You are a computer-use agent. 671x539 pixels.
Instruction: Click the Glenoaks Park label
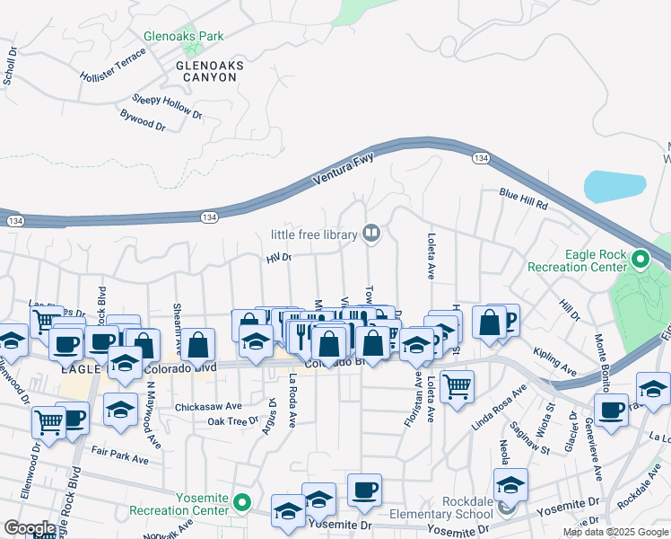tap(183, 37)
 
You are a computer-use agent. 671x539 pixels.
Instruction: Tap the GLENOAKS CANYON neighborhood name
tap(206, 72)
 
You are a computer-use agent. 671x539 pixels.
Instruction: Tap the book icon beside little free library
tap(371, 234)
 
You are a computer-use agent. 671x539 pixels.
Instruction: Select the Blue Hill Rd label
tap(523, 198)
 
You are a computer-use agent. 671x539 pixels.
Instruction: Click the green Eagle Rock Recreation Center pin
tap(640, 260)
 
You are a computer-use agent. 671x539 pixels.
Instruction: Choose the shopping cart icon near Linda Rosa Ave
tap(457, 386)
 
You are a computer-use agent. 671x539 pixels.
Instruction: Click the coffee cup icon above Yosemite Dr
tap(364, 490)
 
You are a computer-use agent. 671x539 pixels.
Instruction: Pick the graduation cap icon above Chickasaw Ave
tap(120, 410)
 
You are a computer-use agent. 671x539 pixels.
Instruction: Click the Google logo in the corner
tap(29, 528)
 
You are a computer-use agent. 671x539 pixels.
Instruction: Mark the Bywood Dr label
tap(143, 122)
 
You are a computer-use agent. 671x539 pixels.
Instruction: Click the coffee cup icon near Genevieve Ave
tap(611, 410)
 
